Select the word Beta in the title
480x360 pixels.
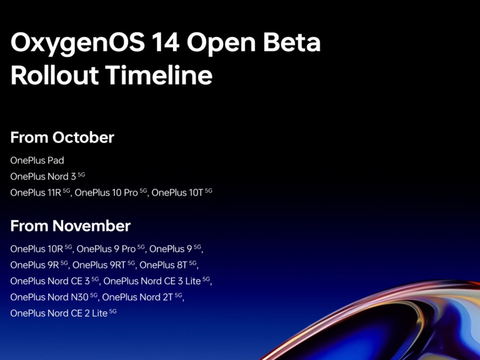click(292, 42)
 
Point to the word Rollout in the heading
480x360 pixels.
click(54, 75)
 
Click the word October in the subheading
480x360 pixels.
click(83, 137)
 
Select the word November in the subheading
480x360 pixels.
click(92, 226)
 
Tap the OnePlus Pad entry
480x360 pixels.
click(37, 160)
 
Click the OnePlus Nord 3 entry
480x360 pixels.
click(48, 176)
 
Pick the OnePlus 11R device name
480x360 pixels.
click(40, 192)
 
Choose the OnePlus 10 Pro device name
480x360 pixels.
click(111, 192)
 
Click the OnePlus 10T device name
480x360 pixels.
click(182, 192)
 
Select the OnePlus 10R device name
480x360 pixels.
click(41, 248)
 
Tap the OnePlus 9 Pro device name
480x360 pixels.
click(111, 248)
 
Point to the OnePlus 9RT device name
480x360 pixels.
click(104, 265)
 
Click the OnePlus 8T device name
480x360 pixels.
click(168, 265)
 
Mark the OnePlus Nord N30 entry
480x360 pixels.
click(54, 297)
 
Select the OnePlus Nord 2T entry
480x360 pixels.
click(142, 297)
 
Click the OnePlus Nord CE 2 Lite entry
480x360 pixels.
click(64, 313)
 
